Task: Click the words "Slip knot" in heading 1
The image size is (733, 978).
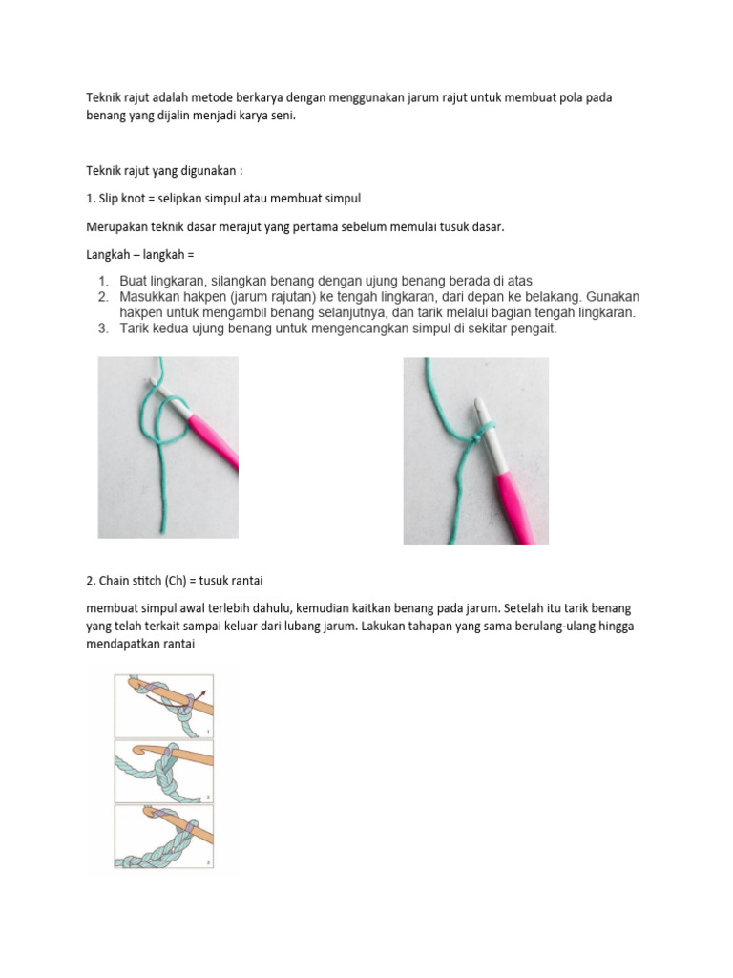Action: (120, 198)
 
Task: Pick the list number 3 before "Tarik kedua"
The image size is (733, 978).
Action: (103, 329)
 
